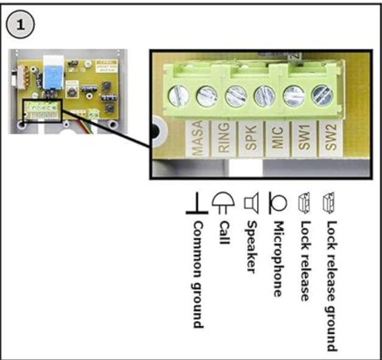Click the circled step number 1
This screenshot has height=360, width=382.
pos(22,25)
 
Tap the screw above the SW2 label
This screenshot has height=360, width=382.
pos(321,94)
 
